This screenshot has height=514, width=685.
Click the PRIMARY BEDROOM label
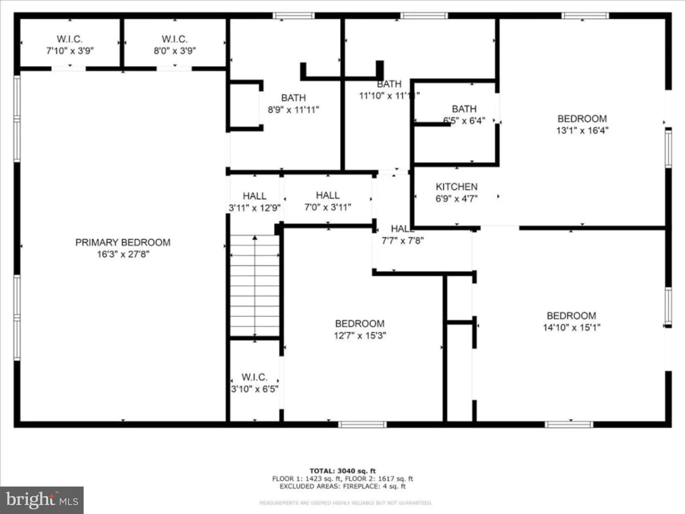pyautogui.click(x=123, y=242)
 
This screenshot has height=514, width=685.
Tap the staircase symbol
pyautogui.click(x=255, y=286)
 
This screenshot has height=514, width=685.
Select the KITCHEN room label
pyautogui.click(x=456, y=187)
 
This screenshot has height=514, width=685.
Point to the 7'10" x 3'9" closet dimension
pyautogui.click(x=70, y=51)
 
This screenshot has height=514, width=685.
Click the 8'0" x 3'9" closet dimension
pyautogui.click(x=175, y=51)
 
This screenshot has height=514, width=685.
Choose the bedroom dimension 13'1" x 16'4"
pyautogui.click(x=582, y=130)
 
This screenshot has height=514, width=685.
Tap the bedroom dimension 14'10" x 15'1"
pyautogui.click(x=571, y=327)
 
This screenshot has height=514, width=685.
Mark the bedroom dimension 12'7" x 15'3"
pyautogui.click(x=360, y=336)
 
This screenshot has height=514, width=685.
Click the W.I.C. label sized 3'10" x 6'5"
pyautogui.click(x=254, y=377)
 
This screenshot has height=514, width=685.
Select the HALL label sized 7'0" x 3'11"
pyautogui.click(x=328, y=195)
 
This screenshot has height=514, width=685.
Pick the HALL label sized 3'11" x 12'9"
pyautogui.click(x=254, y=196)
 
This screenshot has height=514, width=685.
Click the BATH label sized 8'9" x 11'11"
pyautogui.click(x=294, y=98)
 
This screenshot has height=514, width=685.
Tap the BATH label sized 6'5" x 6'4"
pyautogui.click(x=464, y=109)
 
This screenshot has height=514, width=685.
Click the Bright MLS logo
pyautogui.click(x=42, y=500)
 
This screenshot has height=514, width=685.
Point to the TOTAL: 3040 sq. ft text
pyautogui.click(x=342, y=471)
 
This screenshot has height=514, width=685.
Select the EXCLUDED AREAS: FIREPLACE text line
pyautogui.click(x=342, y=486)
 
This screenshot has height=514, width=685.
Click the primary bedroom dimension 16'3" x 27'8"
pyautogui.click(x=123, y=254)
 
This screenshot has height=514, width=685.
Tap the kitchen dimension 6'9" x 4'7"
pyautogui.click(x=456, y=198)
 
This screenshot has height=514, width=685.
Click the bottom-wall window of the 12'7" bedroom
pyautogui.click(x=362, y=424)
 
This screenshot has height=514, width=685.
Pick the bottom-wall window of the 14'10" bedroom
pyautogui.click(x=569, y=424)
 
